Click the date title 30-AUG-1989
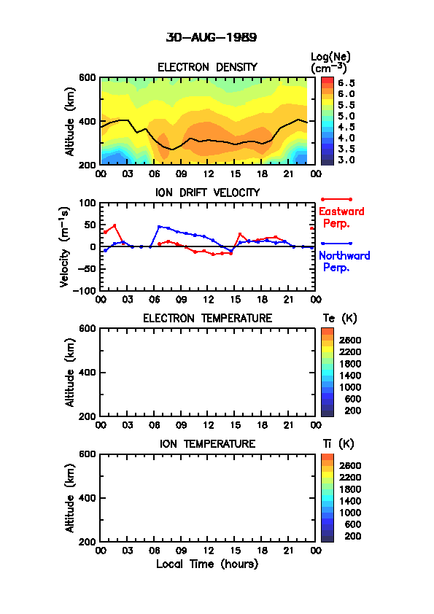click(x=212, y=38)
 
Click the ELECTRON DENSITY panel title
click(x=207, y=67)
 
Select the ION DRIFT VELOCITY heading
click(x=207, y=193)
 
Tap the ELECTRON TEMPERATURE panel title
click(x=207, y=319)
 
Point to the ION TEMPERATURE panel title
click(x=207, y=443)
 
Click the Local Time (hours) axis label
click(x=207, y=564)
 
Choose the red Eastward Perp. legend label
click(x=341, y=217)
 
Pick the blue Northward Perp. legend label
click(x=344, y=262)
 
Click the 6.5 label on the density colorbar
click(x=346, y=83)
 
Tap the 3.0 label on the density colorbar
click(x=346, y=160)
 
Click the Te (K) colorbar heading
click(x=340, y=319)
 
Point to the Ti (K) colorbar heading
click(x=338, y=443)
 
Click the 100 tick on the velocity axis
click(x=88, y=203)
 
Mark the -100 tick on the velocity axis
click(x=85, y=290)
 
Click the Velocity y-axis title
click(x=65, y=247)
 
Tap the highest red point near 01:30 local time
click(x=115, y=225)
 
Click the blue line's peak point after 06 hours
click(x=160, y=227)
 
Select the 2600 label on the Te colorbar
click(x=350, y=340)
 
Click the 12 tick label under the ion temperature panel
click(x=209, y=551)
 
